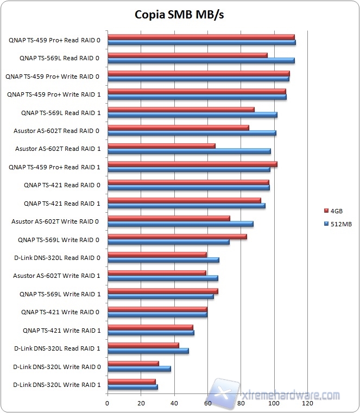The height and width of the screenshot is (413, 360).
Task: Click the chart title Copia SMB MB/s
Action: click(179, 15)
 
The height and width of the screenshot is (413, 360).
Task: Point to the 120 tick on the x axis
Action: click(307, 404)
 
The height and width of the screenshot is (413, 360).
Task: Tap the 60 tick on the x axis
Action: click(207, 404)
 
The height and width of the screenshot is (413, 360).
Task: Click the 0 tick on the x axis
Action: click(108, 404)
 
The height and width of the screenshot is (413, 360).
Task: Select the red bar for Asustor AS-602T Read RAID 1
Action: click(161, 145)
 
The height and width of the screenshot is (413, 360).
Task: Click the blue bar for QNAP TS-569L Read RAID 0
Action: click(201, 60)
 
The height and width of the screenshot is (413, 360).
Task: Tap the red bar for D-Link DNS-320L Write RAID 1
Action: click(131, 382)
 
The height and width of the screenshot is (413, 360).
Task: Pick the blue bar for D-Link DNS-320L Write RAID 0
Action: click(139, 368)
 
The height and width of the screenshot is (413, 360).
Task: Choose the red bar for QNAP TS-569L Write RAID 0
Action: click(177, 236)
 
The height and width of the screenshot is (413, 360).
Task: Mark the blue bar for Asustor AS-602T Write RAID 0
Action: click(180, 224)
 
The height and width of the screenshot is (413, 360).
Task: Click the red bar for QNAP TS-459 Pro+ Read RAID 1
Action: click(192, 164)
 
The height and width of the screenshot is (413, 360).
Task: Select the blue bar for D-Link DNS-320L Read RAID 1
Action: click(148, 351)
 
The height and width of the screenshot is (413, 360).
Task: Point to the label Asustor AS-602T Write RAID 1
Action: click(56, 276)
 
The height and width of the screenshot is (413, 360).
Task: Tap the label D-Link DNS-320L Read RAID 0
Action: click(56, 258)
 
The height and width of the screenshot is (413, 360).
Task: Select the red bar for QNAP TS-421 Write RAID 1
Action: click(150, 327)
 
